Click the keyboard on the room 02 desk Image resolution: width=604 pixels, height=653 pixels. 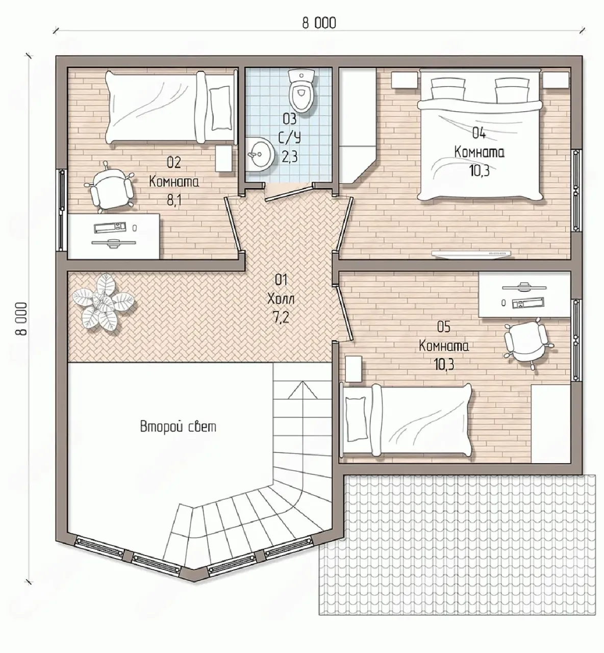[110, 227]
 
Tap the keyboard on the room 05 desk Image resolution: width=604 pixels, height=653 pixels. [527, 303]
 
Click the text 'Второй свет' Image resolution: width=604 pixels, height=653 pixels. [178, 427]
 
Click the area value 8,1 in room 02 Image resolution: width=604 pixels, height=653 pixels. [174, 199]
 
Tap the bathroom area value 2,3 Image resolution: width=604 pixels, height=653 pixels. [289, 156]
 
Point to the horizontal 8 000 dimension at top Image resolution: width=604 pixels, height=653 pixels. [319, 23]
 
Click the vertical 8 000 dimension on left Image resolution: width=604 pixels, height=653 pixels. [21, 319]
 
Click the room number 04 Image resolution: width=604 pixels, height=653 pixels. [479, 133]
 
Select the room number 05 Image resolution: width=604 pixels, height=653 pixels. [443, 327]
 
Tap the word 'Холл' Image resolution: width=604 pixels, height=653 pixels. [281, 299]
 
